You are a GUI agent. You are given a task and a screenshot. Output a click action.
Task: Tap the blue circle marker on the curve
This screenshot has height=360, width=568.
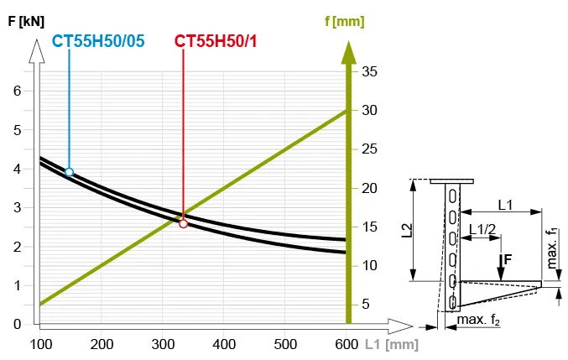pos(70,172)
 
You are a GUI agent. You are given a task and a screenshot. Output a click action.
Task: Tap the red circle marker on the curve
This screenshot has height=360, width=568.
pos(184,223)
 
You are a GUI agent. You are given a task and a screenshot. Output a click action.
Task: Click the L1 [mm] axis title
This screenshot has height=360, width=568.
pos(390,344)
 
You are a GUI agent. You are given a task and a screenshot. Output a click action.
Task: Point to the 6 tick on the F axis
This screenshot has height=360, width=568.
pos(16,91)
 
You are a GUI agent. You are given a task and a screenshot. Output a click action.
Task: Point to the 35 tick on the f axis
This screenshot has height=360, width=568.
pos(368,72)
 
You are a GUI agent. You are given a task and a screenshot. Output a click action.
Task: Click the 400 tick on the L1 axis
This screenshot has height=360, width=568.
pos(224,344)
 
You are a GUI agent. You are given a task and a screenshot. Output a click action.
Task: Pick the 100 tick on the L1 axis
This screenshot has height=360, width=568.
pos(40,344)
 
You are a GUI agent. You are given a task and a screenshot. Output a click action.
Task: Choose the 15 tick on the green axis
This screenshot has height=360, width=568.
pos(368,227)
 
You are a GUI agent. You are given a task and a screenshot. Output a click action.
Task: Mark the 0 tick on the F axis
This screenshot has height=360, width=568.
pos(16,324)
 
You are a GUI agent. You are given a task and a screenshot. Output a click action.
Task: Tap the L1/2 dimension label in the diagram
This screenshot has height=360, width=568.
pos(482,228)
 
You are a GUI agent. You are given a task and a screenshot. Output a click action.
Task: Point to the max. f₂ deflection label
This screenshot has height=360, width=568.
pos(478,320)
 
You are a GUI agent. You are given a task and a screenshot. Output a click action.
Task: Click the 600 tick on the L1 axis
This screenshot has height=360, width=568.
pos(347,344)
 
